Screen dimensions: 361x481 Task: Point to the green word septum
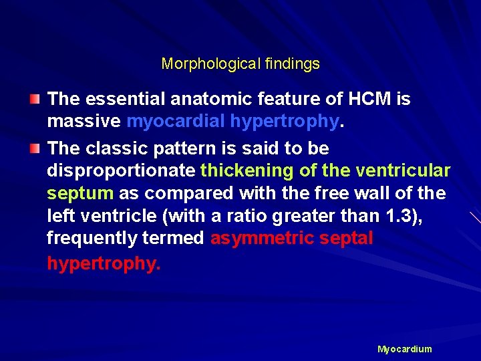click(79, 193)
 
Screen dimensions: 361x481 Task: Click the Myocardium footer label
click(404, 349)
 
